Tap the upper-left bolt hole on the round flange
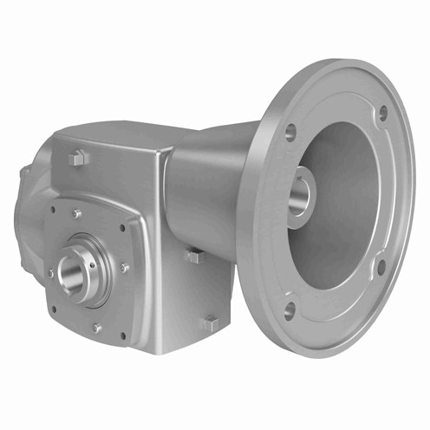(290, 131)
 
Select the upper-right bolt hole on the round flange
(382, 113)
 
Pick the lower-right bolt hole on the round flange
(380, 265)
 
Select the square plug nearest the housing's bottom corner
(209, 322)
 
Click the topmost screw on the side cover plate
(77, 214)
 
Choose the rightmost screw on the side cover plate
(124, 268)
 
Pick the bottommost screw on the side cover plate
(96, 328)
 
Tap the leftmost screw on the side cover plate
(51, 273)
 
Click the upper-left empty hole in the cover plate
(53, 209)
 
